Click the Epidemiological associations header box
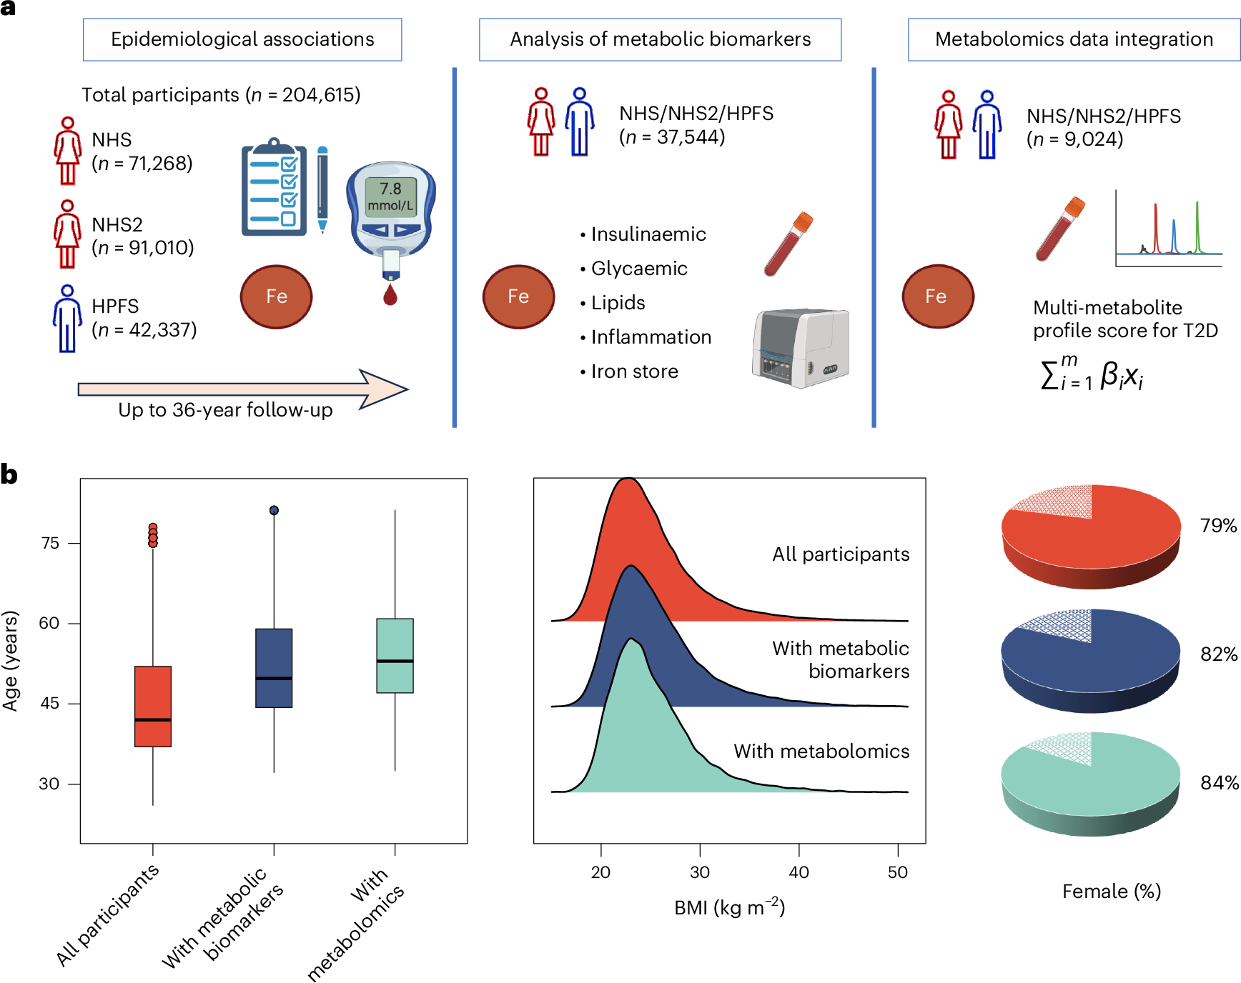[x=242, y=39]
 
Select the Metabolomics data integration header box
[x=1073, y=39]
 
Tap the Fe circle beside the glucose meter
[x=276, y=296]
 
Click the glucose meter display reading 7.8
[x=390, y=196]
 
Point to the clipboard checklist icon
[x=274, y=187]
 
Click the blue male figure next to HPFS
[x=67, y=319]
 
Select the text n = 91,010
[x=143, y=248]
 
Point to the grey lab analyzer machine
[x=800, y=348]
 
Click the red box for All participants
[x=153, y=706]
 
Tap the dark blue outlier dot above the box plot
[x=274, y=510]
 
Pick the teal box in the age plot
[x=395, y=655]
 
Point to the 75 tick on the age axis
[x=50, y=543]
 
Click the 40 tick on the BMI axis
[x=799, y=872]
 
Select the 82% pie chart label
[x=1218, y=654]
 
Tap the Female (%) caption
[x=1111, y=892]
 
